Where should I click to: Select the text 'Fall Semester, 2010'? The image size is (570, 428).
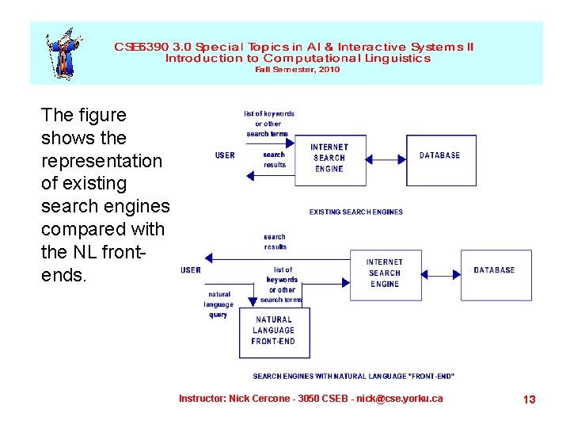pos(297,70)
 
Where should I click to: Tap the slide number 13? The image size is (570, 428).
pos(529,399)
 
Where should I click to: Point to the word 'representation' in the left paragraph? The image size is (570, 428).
pos(101,161)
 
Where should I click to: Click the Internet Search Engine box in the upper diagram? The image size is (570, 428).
pos(329,159)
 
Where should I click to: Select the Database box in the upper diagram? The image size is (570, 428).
pos(440,159)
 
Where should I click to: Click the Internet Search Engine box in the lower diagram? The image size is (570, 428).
pos(385,274)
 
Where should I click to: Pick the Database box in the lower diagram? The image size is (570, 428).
pos(496,274)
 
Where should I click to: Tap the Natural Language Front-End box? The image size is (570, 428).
pos(274,332)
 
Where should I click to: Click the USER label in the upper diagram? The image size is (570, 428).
pos(225,155)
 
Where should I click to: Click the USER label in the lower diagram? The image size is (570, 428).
pos(191,270)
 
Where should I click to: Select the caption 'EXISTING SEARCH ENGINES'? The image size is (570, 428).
pos(355,212)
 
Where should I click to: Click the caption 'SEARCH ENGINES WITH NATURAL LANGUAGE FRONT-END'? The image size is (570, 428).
pos(353,376)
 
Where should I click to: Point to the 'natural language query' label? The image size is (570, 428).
pos(218,304)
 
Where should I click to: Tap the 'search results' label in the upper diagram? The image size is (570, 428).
pos(274,159)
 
